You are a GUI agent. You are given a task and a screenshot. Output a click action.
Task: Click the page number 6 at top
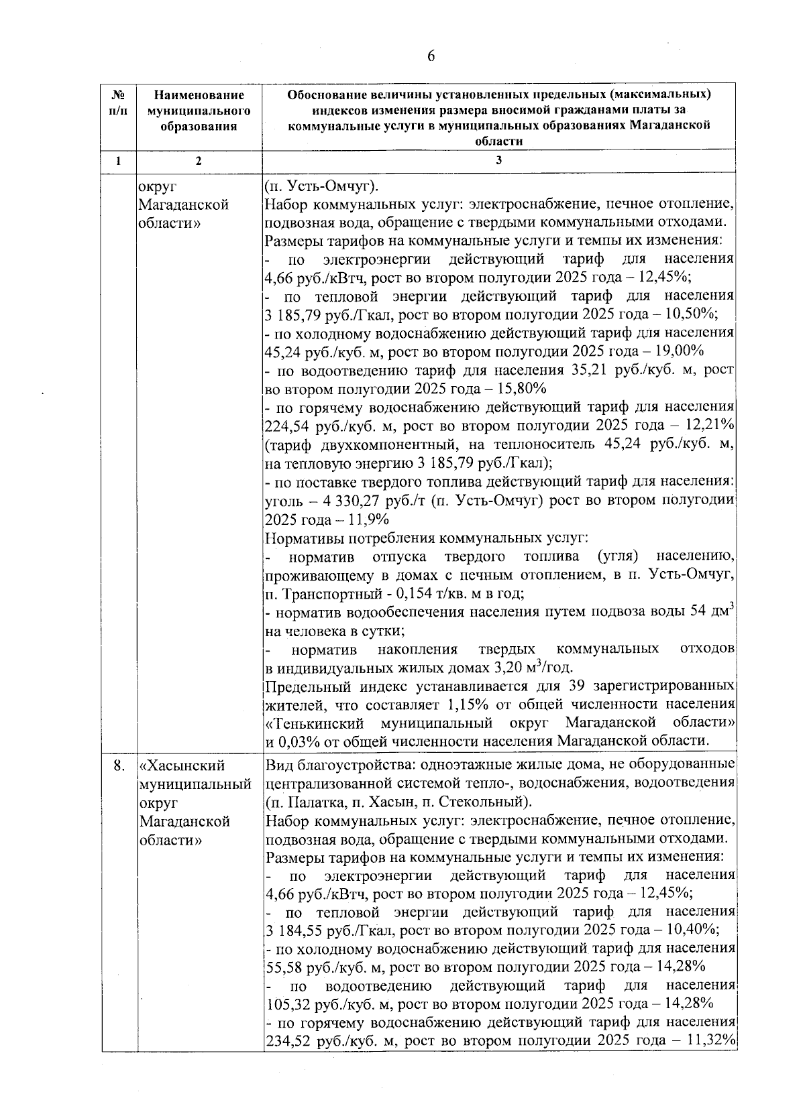tap(431, 56)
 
